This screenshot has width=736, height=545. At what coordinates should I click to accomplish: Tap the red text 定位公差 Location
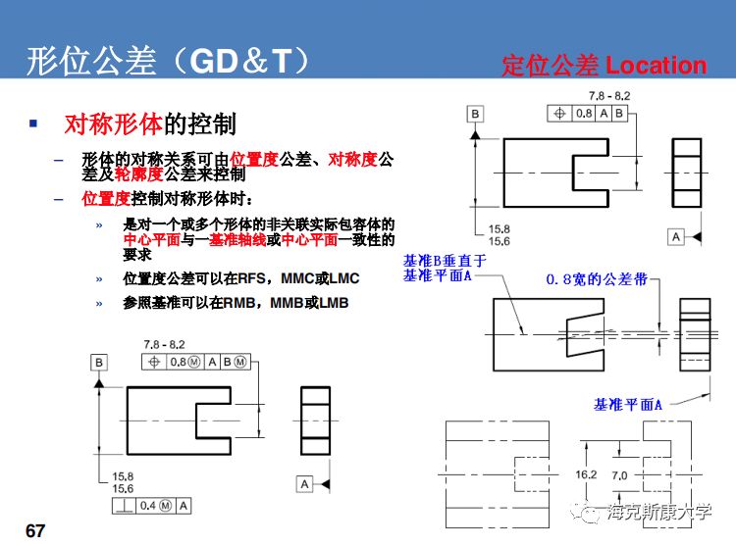click(604, 66)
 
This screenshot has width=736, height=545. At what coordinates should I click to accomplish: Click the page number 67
click(35, 530)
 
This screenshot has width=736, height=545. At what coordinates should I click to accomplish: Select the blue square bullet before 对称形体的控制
click(33, 124)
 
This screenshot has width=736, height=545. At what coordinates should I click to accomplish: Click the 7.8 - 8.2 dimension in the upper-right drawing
click(608, 96)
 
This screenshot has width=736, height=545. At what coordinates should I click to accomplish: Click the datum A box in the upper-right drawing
click(676, 236)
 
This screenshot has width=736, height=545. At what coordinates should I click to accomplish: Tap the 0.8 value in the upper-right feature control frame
click(583, 114)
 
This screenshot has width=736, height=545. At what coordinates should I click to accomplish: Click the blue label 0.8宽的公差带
click(597, 279)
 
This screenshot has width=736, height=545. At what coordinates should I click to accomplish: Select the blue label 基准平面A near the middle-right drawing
click(628, 404)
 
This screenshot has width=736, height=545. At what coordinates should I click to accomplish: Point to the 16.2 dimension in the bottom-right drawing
click(586, 474)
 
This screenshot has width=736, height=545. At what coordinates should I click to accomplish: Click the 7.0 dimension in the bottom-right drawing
click(619, 474)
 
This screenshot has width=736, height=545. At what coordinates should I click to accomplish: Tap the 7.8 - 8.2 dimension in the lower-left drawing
click(164, 345)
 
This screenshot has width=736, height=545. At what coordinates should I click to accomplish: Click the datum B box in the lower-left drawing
click(99, 363)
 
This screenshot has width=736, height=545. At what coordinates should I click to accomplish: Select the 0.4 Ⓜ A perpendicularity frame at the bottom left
click(151, 506)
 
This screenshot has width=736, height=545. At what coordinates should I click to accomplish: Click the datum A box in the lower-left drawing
click(304, 484)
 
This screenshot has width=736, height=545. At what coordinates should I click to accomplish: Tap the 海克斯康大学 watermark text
click(658, 511)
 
